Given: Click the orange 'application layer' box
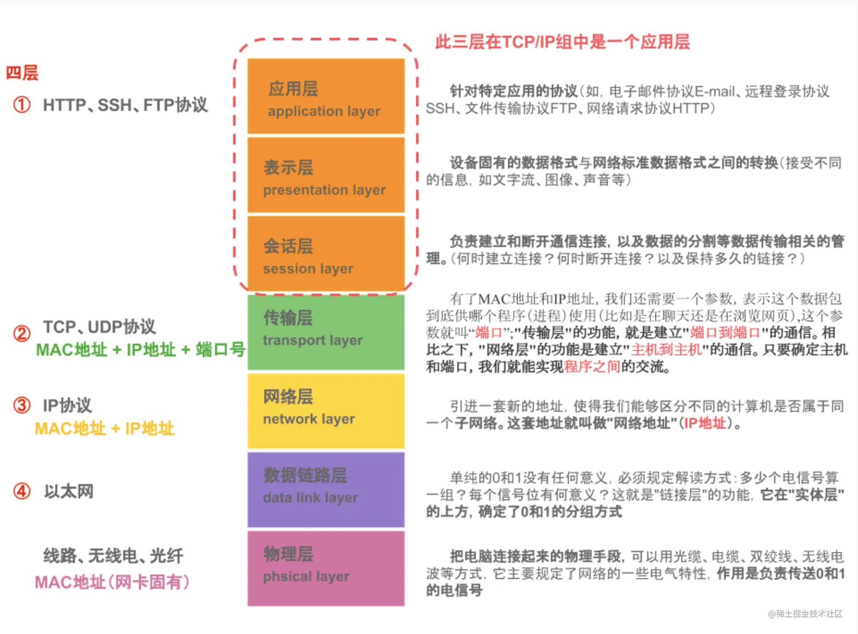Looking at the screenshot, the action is click(326, 96).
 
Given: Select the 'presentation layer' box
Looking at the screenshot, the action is click(326, 175).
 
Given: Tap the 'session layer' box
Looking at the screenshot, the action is click(326, 254).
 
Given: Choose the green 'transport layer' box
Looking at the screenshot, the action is click(326, 332).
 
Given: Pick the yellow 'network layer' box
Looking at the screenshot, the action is click(326, 411).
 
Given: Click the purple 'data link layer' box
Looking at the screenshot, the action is click(326, 490).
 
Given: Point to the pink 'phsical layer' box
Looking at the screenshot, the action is click(326, 569).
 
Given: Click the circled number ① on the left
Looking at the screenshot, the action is click(22, 105).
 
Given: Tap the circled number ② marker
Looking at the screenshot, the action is click(22, 333).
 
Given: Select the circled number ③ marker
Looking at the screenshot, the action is click(22, 405).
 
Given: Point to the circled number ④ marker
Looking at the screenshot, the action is click(22, 491).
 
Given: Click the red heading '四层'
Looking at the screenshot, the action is click(22, 73).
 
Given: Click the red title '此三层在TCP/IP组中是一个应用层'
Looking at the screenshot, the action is click(562, 42).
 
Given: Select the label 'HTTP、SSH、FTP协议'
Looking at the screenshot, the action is click(125, 105).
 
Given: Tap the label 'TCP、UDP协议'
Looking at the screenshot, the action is click(99, 327).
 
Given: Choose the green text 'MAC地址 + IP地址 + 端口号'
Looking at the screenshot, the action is click(141, 349).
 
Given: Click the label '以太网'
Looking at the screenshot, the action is click(69, 491).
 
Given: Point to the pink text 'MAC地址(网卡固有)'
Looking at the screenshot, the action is click(113, 582).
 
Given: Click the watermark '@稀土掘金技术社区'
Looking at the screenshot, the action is click(805, 614).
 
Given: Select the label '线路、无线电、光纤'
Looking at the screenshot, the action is click(114, 556).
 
